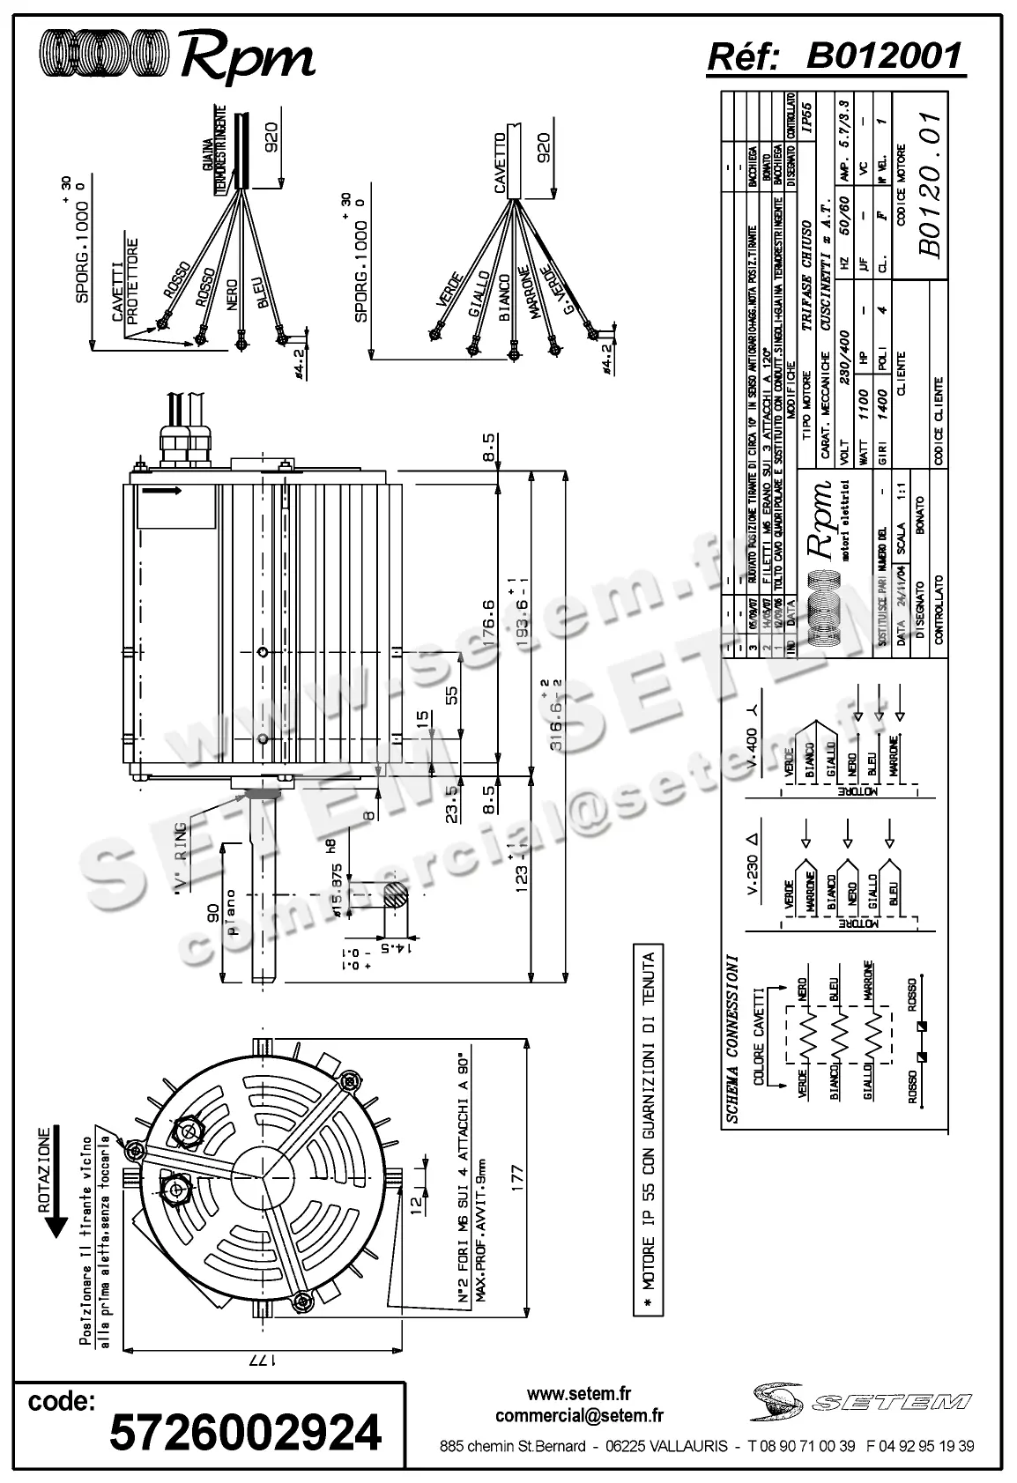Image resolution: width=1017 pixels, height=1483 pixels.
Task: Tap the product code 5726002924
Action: point(245,1431)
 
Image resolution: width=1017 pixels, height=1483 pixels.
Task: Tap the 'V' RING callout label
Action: point(181,859)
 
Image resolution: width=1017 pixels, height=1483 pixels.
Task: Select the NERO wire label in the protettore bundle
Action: point(231,293)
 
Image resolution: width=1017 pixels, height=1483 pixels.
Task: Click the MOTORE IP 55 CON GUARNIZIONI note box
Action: point(649,1131)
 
